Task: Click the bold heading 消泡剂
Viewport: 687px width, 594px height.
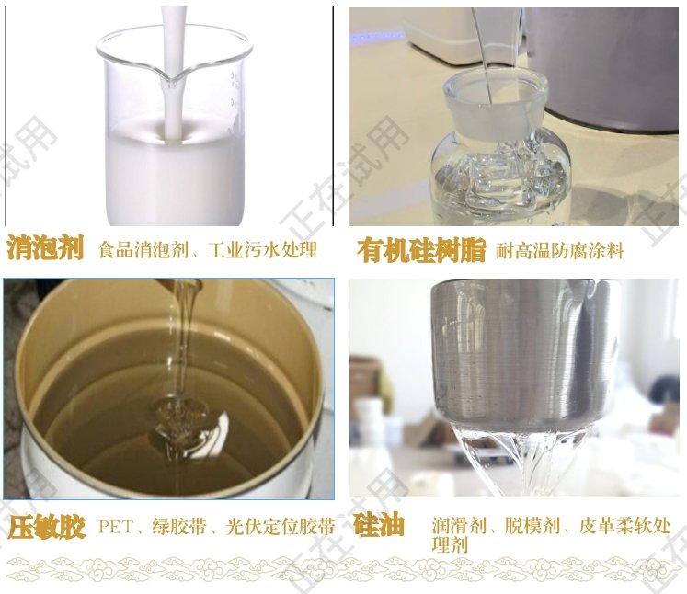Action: tap(45, 248)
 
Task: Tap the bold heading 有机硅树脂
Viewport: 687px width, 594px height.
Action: tap(421, 251)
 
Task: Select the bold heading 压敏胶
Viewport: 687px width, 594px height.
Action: tap(46, 526)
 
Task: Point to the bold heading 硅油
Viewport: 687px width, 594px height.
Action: tap(380, 524)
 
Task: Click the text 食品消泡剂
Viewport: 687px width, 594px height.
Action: tap(143, 250)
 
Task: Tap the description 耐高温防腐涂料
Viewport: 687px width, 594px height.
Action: tap(559, 251)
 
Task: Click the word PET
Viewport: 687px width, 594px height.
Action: tap(116, 527)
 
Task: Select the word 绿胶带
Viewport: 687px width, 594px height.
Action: tap(178, 526)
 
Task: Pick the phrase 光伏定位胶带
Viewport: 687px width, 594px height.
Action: tap(281, 526)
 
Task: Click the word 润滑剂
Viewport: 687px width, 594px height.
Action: tap(459, 525)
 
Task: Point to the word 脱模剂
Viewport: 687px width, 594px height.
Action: tap(532, 525)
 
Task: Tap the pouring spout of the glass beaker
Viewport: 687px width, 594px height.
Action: tap(174, 79)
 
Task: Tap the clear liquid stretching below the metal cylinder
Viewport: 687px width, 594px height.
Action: tap(526, 460)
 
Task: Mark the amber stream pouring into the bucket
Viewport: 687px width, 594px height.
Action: tap(183, 337)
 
